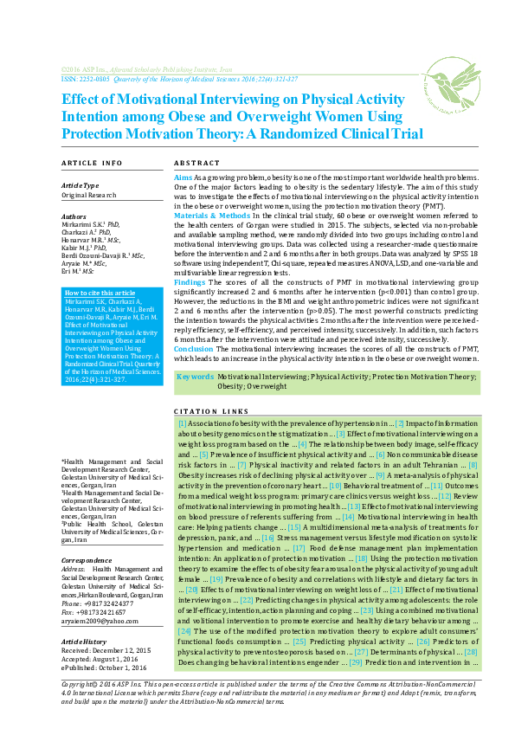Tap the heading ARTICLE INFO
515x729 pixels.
pyautogui.click(x=93, y=163)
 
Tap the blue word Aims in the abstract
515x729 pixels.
pyautogui.click(x=183, y=176)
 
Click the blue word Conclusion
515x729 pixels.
pyautogui.click(x=196, y=348)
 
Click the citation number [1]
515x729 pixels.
pyautogui.click(x=183, y=422)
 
